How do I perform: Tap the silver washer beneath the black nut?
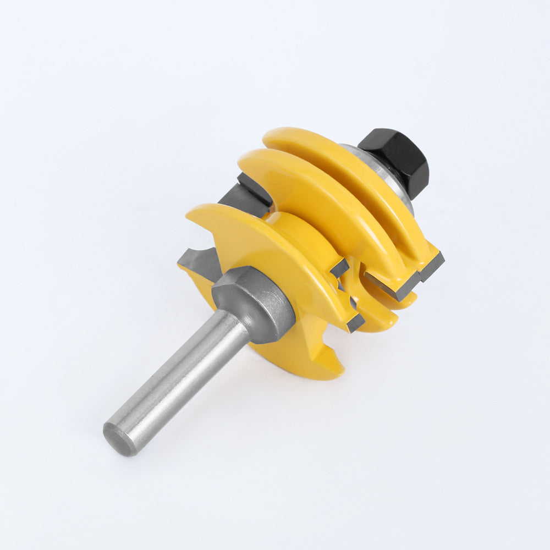coord(380,176)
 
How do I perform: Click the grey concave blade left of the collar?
coord(198,263)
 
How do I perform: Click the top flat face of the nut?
coord(385,140)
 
